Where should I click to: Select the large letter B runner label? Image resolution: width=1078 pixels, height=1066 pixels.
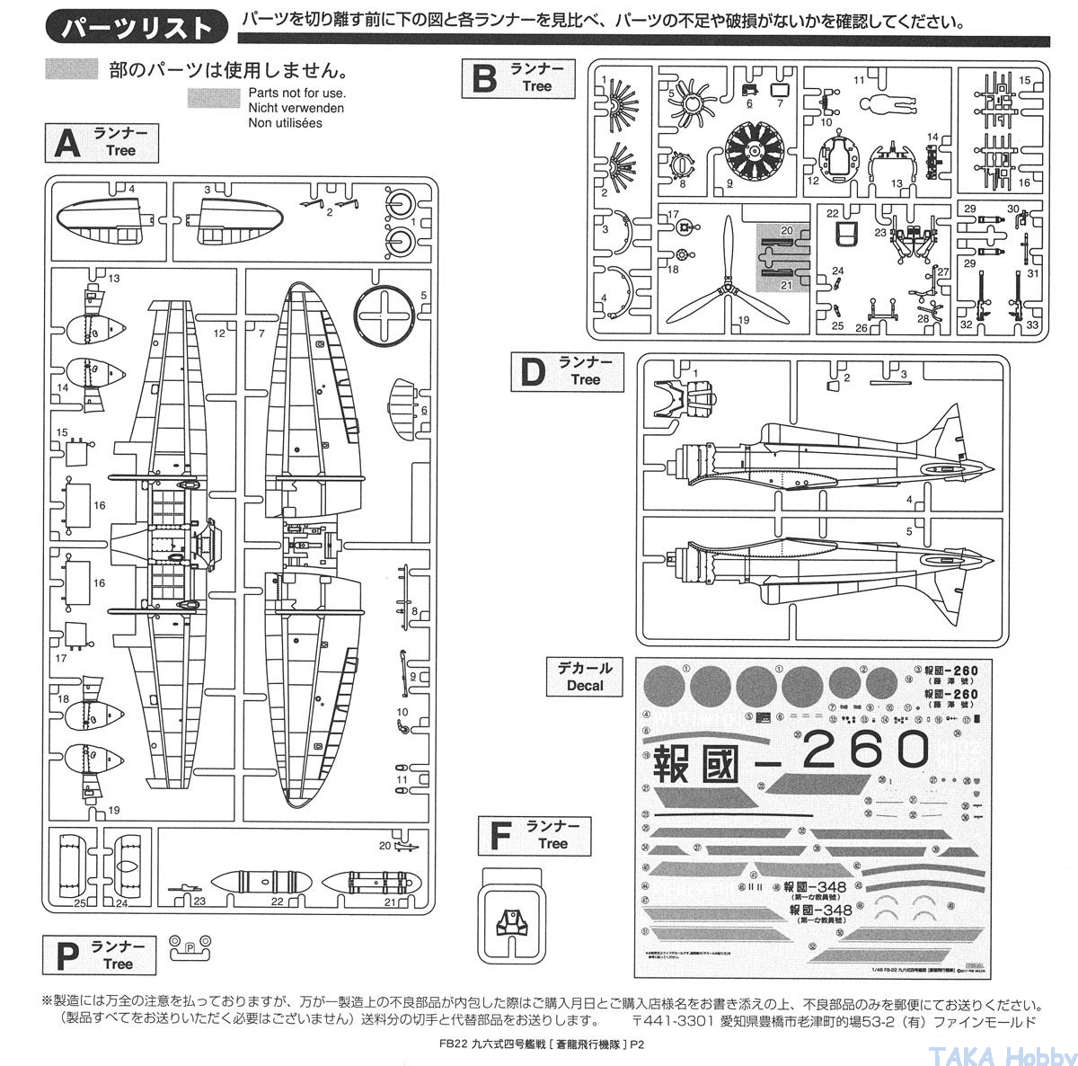[484, 79]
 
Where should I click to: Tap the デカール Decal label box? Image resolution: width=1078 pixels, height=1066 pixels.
[584, 676]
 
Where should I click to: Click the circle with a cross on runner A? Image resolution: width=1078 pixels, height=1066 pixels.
[386, 314]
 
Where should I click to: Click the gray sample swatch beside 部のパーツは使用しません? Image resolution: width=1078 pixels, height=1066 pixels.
[72, 69]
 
